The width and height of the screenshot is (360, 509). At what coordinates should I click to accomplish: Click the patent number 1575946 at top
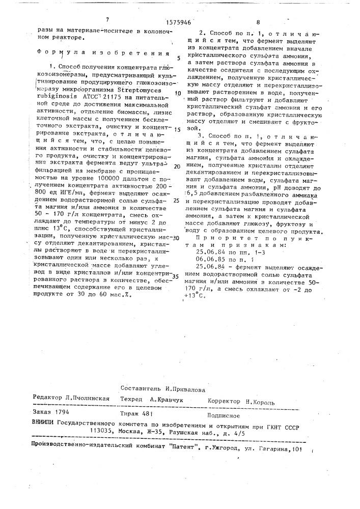(x=178, y=22)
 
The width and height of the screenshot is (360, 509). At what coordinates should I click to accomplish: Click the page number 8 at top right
(x=258, y=22)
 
